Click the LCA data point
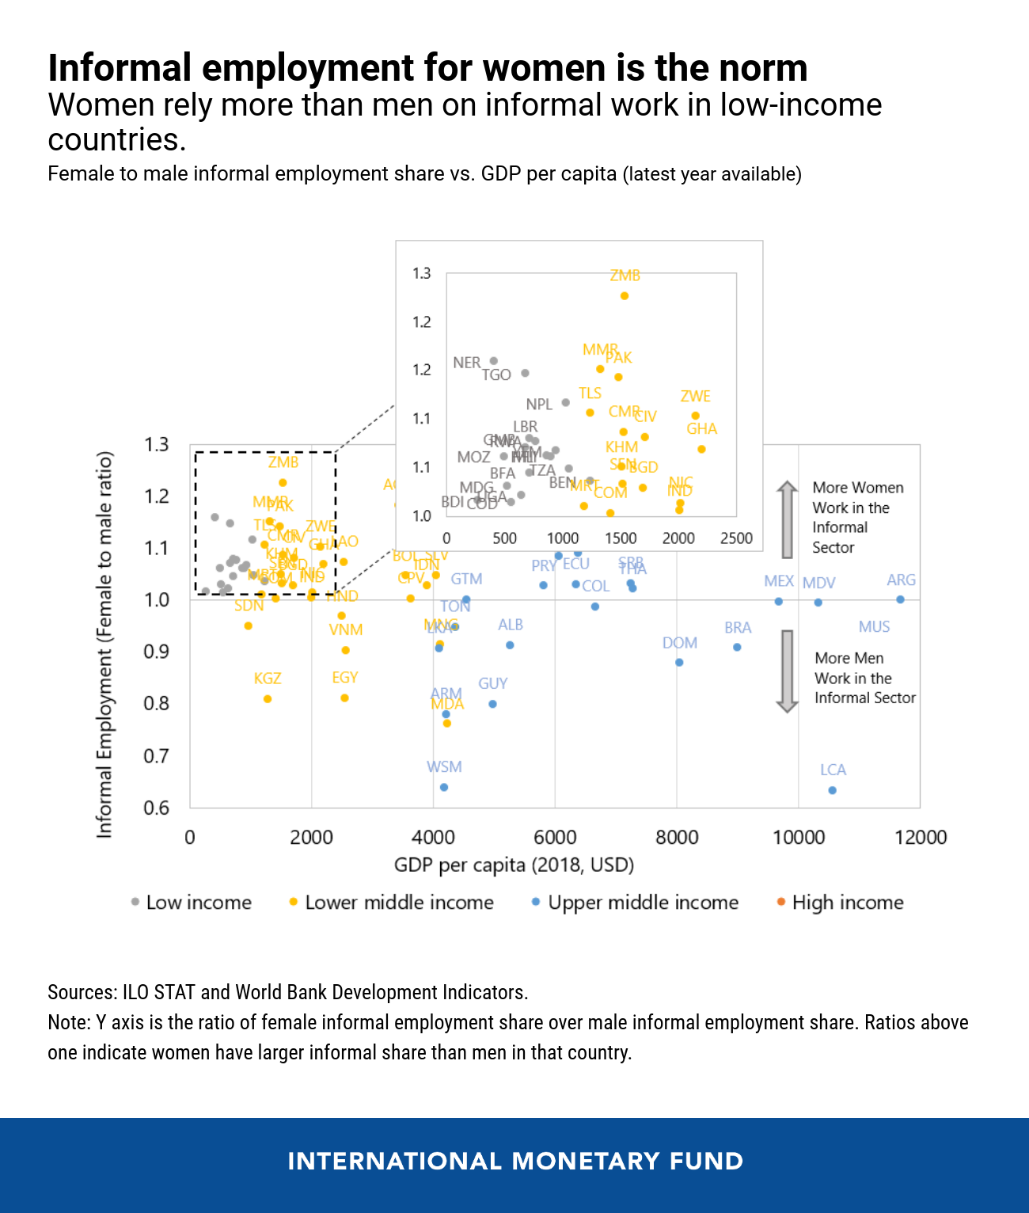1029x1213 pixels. pyautogui.click(x=832, y=790)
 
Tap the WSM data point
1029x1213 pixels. pyautogui.click(x=444, y=787)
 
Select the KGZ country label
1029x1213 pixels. pyautogui.click(x=268, y=679)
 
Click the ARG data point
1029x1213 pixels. pyautogui.click(x=900, y=599)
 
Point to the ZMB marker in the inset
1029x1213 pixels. pyautogui.click(x=625, y=296)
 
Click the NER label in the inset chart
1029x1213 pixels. pyautogui.click(x=466, y=363)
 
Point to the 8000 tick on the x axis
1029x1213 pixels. pyautogui.click(x=677, y=838)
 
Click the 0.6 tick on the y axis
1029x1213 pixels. pyautogui.click(x=157, y=808)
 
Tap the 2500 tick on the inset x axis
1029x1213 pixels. pyautogui.click(x=736, y=538)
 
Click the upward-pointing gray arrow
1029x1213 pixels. pyautogui.click(x=787, y=519)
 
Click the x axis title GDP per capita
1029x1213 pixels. pyautogui.click(x=514, y=865)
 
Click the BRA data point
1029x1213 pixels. pyautogui.click(x=737, y=647)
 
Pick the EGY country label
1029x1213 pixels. pyautogui.click(x=345, y=678)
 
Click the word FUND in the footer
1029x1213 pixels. pyautogui.click(x=707, y=1162)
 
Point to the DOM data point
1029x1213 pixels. pyautogui.click(x=679, y=662)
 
